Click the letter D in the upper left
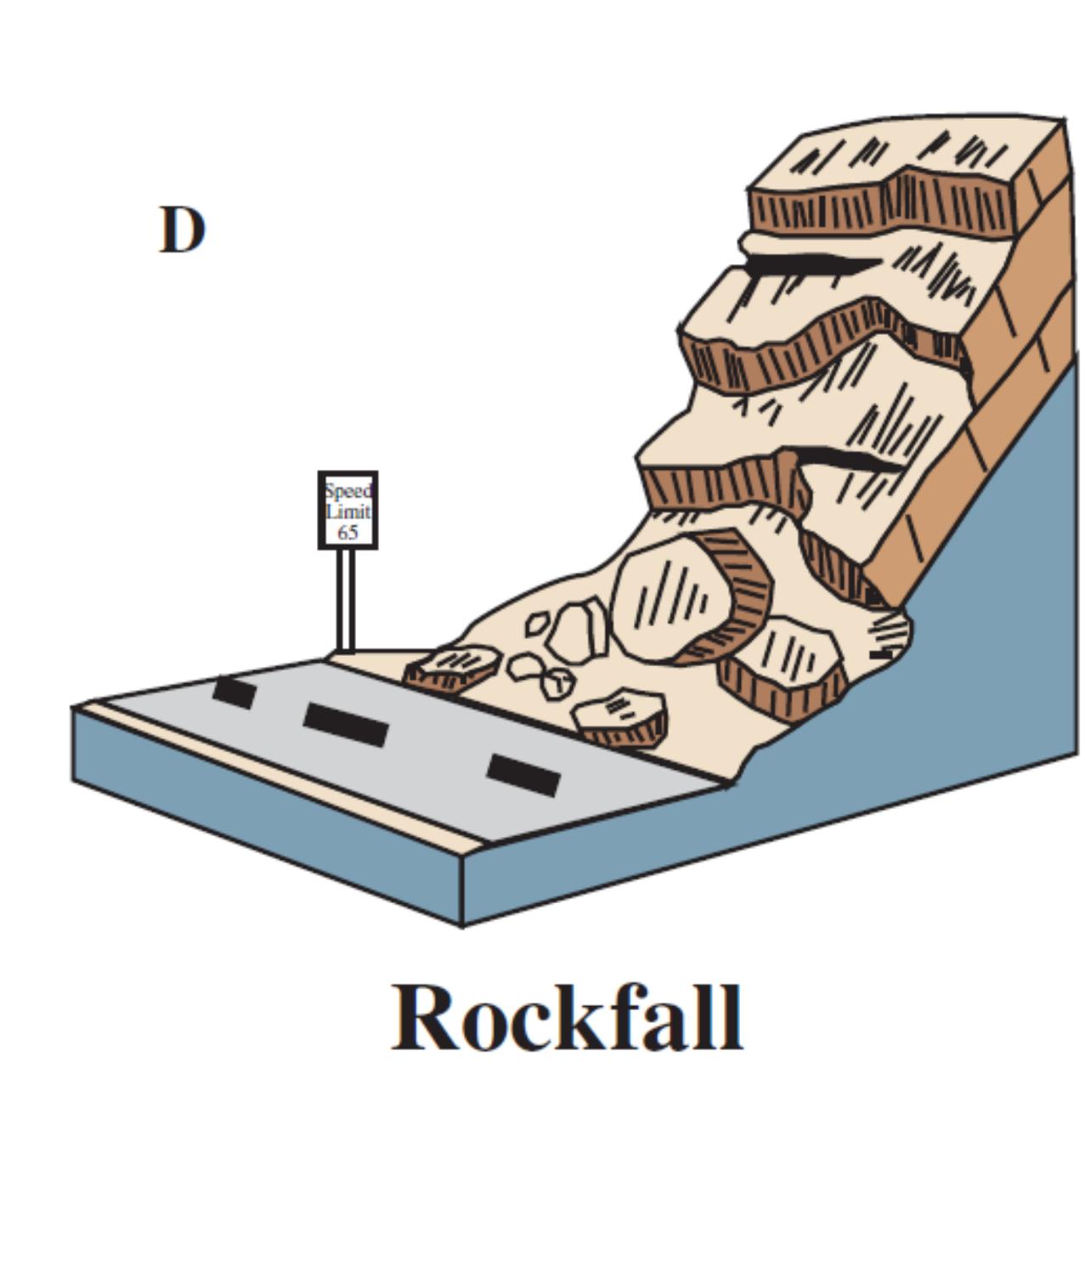click(x=182, y=230)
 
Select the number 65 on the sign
click(x=348, y=533)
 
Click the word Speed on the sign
click(x=348, y=491)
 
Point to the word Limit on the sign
click(x=348, y=512)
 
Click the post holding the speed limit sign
click(x=346, y=599)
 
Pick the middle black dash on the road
click(x=346, y=725)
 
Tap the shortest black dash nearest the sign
click(x=235, y=692)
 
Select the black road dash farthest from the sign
click(x=523, y=775)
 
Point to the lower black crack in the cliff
click(x=850, y=461)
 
